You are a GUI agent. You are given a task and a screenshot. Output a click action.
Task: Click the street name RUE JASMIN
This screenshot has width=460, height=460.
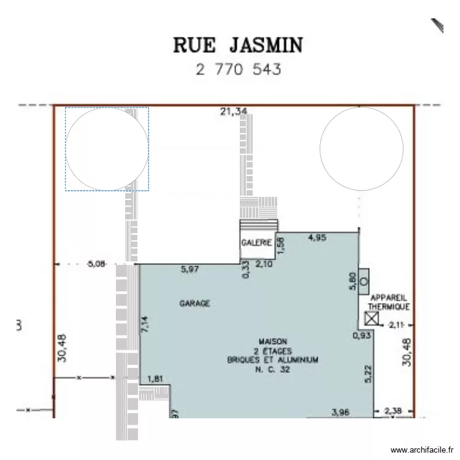[x=239, y=45]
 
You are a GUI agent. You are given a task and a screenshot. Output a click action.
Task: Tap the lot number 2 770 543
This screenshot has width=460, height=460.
[x=239, y=69]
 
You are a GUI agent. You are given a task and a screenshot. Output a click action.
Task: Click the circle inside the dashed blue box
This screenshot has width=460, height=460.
[x=107, y=148]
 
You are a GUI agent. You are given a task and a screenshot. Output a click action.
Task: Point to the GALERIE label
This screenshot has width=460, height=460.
[x=256, y=242]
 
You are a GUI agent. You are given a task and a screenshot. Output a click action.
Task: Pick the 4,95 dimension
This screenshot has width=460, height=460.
[x=317, y=237]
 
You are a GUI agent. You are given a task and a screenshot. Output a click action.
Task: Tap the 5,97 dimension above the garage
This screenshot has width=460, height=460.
[x=191, y=269]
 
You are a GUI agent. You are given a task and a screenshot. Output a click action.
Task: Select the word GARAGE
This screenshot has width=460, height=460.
[x=194, y=303]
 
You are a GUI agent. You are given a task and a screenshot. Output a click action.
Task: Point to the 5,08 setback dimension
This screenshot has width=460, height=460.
[x=97, y=264]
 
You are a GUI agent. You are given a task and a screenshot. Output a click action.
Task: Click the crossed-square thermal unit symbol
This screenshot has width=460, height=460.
[x=371, y=318]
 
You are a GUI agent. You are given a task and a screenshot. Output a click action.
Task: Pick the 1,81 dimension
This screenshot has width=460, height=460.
[x=156, y=379]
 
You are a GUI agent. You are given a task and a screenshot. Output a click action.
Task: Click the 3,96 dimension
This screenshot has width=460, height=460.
[x=340, y=412]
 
